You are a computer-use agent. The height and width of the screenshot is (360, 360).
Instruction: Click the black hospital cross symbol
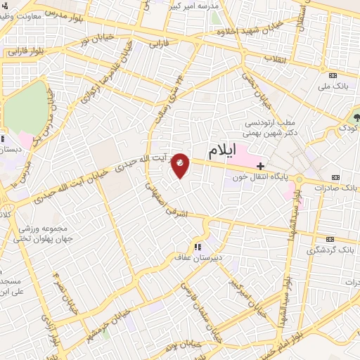(x=261, y=166)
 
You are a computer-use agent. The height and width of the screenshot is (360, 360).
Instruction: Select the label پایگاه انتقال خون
(x=259, y=178)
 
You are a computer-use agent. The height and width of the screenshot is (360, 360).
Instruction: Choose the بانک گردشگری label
(x=331, y=250)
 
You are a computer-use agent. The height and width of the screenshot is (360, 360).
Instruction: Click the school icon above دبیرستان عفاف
(x=198, y=246)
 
